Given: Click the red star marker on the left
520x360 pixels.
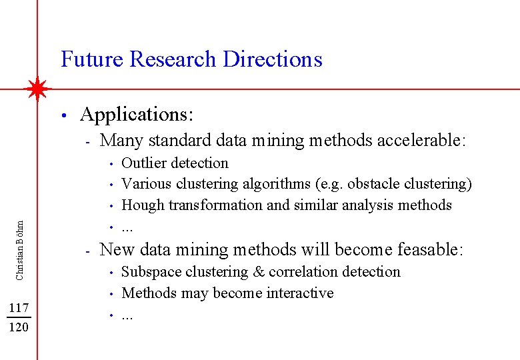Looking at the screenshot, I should click(38, 89).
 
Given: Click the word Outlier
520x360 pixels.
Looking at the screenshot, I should click(141, 163).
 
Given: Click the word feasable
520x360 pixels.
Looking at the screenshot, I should click(429, 250).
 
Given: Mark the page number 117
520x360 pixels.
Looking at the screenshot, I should click(19, 308).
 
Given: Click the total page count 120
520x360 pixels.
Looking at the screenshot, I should click(19, 327).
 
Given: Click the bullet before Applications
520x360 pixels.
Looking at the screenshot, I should click(62, 116).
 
